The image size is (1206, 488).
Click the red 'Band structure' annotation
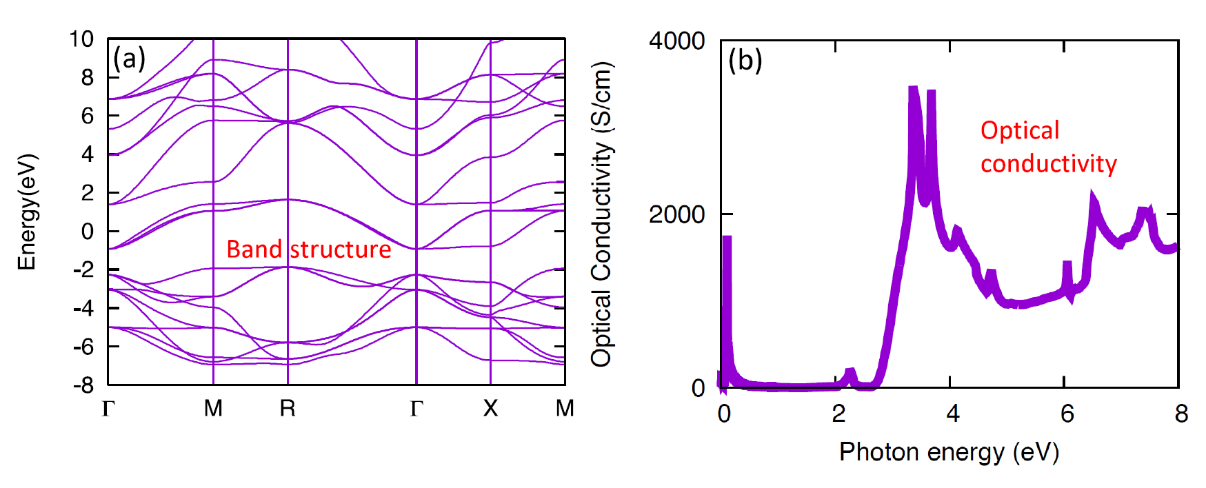tap(308, 249)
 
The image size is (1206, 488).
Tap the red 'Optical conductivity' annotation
tap(1048, 147)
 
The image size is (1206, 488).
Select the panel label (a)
tap(129, 59)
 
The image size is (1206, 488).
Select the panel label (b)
tap(745, 61)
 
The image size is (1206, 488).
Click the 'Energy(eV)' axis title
tap(26, 212)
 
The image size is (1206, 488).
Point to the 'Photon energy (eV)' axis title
tap(949, 452)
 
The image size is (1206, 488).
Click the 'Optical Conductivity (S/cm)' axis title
tap(601, 214)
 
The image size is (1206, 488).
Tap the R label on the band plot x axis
tap(288, 409)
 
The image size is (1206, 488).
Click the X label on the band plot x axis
tap(490, 409)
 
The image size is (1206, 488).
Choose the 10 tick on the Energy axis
tap(81, 39)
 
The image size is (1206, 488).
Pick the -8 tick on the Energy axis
tap(83, 385)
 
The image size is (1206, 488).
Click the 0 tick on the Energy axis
tap(88, 232)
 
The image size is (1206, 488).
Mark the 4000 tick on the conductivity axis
tap(676, 41)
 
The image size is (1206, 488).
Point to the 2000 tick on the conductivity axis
tap(676, 214)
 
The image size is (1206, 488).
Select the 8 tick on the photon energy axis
tap(1182, 414)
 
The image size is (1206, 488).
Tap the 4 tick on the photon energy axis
tap(953, 414)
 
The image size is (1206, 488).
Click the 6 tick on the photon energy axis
tap(1067, 414)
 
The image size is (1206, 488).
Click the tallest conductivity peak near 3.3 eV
tap(914, 90)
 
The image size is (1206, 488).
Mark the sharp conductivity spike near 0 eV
tap(727, 238)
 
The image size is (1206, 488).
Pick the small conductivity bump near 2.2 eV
tap(850, 372)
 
